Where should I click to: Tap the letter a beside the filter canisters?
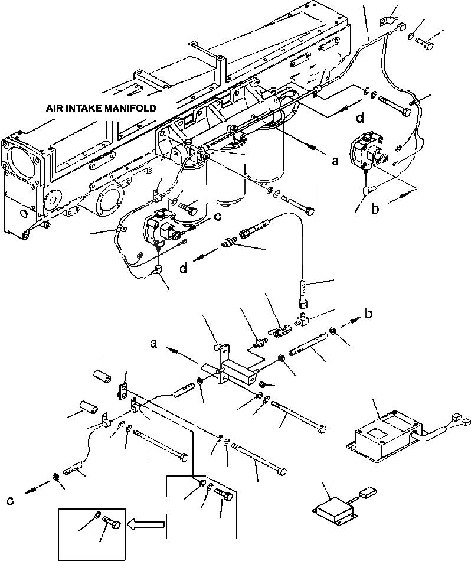click(x=335, y=162)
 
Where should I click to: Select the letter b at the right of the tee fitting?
click(x=369, y=314)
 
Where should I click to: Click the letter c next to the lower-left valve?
click(x=217, y=216)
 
